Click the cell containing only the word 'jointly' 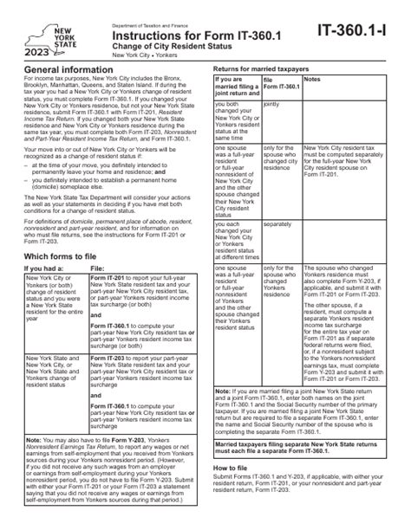275,110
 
